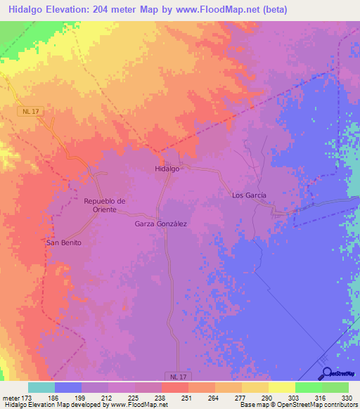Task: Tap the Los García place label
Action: [x=249, y=195]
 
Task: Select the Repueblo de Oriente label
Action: [x=104, y=205]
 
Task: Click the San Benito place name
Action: [x=64, y=242]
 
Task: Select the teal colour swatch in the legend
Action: [x=41, y=387]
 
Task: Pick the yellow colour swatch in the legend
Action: [x=281, y=387]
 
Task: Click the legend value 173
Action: [x=27, y=398]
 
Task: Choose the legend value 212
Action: [x=108, y=398]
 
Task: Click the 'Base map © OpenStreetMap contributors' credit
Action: [x=298, y=405]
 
